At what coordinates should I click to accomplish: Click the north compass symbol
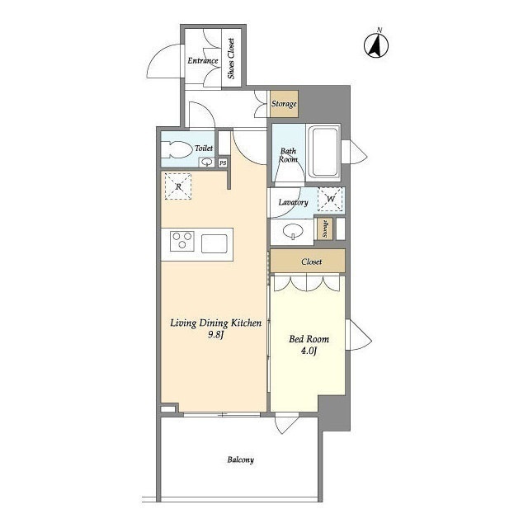[x=376, y=44]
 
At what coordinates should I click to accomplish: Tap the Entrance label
[x=203, y=60]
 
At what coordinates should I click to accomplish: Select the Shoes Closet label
[x=231, y=59]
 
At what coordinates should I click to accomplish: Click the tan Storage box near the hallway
[x=284, y=104]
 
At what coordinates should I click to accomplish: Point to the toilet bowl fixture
[x=176, y=149]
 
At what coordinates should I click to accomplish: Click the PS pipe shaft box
[x=223, y=163]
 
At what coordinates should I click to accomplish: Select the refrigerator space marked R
[x=178, y=186]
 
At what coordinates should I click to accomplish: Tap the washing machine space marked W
[x=330, y=199]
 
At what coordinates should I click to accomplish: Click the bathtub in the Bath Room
[x=323, y=152]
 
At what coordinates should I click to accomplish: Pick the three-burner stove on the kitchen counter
[x=182, y=241]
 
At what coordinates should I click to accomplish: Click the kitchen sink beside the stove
[x=214, y=243]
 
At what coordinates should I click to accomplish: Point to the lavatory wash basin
[x=293, y=232]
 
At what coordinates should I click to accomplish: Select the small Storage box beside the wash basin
[x=325, y=229]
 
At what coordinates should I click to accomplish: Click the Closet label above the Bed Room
[x=312, y=262]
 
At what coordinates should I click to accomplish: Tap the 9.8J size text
[x=216, y=335]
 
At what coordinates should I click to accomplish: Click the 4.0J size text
[x=309, y=351]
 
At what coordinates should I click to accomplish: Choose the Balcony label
[x=240, y=460]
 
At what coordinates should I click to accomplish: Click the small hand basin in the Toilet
[x=206, y=163]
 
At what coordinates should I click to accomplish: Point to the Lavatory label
[x=293, y=202]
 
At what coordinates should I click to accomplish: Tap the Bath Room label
[x=288, y=155]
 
